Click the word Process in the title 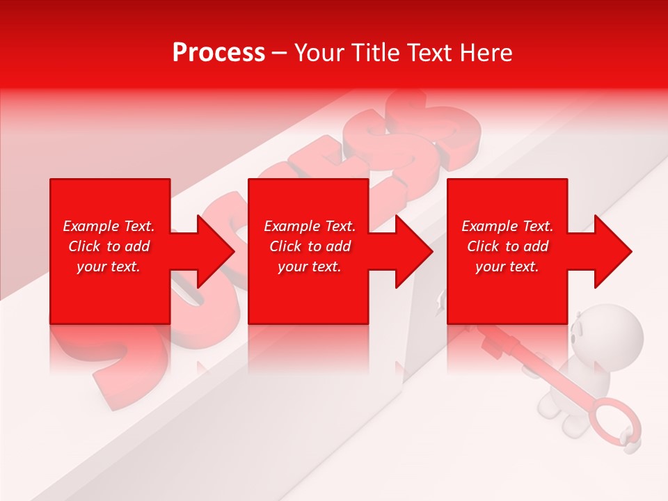pos(218,53)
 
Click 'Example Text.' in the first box pos(109,226)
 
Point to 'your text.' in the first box pos(109,267)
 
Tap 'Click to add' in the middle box pos(310,246)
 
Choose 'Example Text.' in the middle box pos(310,226)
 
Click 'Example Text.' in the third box pos(507,226)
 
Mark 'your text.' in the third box pos(507,267)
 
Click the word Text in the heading pos(431,53)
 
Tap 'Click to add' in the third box pos(507,246)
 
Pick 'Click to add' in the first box pos(109,246)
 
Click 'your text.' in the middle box pos(310,267)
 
